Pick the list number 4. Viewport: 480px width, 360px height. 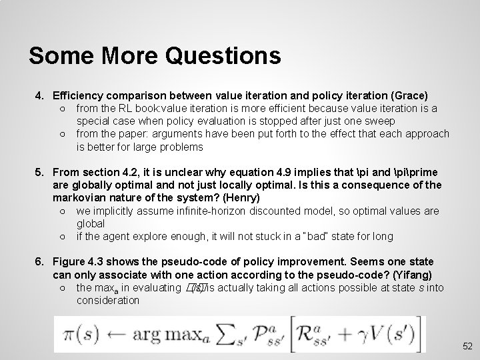[x=39, y=96]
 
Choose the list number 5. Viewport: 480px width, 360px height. [x=39, y=172]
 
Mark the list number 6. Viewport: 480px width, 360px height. [x=39, y=261]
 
